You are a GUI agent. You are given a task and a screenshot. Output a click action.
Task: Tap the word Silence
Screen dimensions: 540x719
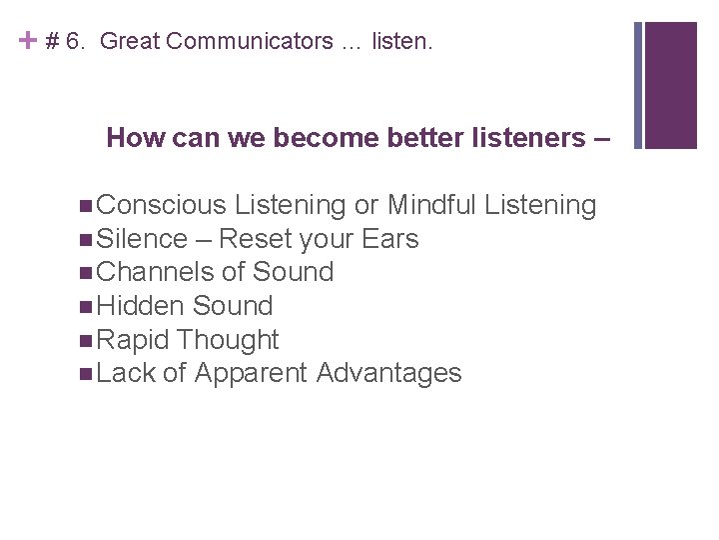point(144,239)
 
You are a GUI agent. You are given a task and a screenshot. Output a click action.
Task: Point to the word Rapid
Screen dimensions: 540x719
point(135,340)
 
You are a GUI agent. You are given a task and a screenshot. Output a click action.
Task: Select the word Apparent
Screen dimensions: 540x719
point(252,374)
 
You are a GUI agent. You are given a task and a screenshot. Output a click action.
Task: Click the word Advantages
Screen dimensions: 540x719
point(388,374)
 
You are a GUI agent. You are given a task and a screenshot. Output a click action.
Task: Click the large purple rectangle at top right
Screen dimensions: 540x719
point(671,85)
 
